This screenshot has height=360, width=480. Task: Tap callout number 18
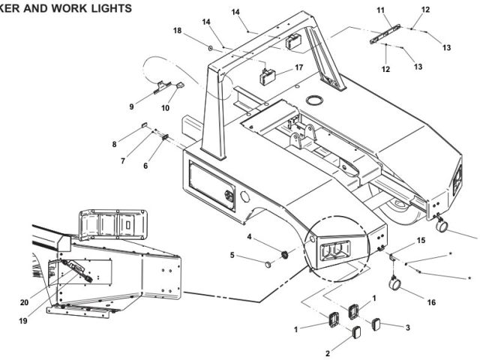(x=178, y=30)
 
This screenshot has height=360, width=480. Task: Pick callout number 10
(x=165, y=107)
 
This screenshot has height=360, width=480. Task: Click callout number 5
(x=232, y=255)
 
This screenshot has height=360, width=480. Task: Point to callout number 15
(x=421, y=241)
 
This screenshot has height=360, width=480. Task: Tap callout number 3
(x=408, y=328)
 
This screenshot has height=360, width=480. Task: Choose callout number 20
(x=25, y=303)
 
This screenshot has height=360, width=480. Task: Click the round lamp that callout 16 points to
(x=396, y=284)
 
